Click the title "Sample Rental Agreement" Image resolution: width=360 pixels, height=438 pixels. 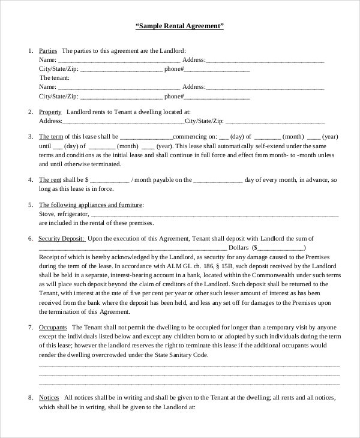179,26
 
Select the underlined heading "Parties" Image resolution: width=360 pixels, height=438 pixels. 48,50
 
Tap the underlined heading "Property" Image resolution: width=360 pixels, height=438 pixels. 50,112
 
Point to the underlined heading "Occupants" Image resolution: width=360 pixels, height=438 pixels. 52,328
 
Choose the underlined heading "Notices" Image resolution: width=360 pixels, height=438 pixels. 49,398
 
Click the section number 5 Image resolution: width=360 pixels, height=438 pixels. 31,205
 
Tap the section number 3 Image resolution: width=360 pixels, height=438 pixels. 31,137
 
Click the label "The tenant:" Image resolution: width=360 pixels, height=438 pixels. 55,78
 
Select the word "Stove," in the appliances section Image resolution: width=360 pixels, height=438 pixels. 47,214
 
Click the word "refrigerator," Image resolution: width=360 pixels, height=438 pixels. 73,214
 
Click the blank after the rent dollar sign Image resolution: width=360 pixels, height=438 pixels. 110,180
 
